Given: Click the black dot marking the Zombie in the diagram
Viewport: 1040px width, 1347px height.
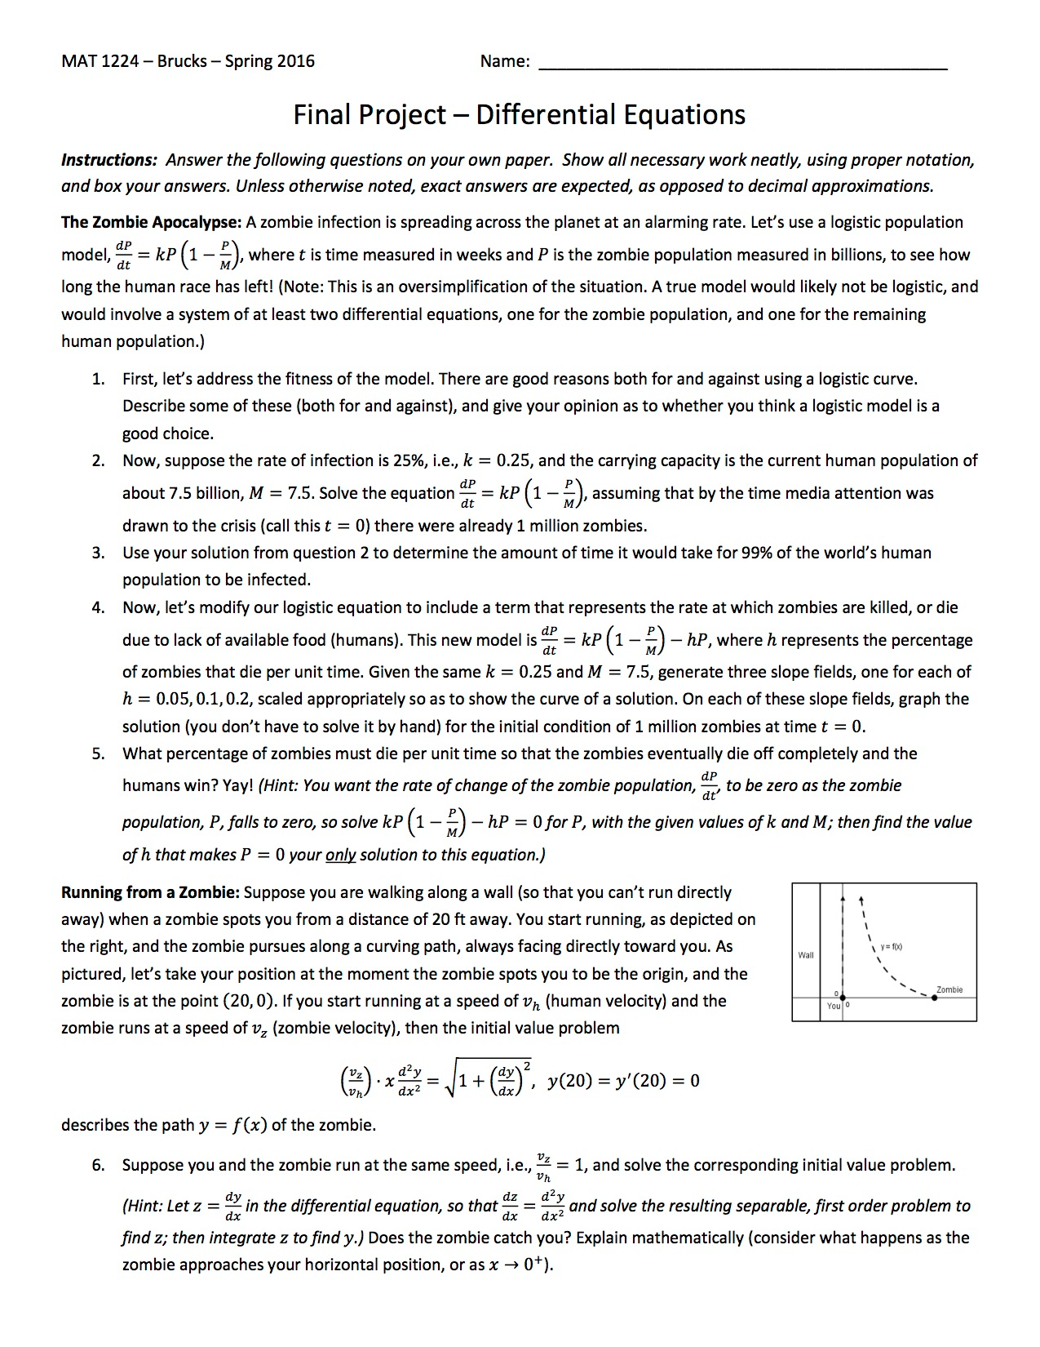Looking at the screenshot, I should point(934,998).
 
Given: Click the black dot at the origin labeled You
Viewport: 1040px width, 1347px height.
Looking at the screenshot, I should point(842,998).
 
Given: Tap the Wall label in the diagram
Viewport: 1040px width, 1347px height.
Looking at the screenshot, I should point(805,954).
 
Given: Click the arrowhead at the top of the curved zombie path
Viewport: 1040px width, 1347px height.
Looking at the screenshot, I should point(861,899).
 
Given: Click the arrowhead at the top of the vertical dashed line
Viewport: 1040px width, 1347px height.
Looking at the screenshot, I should point(842,895).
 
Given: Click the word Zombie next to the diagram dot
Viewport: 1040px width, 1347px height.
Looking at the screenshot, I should point(949,989).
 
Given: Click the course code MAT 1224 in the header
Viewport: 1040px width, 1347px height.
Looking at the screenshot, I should point(104,61).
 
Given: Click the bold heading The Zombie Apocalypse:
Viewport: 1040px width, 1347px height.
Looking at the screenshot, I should point(151,222).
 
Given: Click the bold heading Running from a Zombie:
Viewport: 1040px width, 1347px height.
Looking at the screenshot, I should point(150,892).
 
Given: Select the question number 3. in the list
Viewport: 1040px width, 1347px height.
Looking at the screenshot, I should point(98,553).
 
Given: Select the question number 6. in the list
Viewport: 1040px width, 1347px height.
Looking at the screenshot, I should point(98,1165).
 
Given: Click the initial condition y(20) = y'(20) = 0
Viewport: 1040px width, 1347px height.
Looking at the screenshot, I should point(624,1081).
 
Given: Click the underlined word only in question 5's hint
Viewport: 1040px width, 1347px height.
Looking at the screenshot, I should point(340,855).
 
